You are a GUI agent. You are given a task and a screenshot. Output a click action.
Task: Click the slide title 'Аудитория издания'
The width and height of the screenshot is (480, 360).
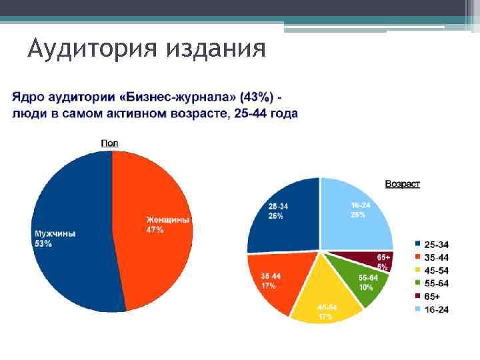[x=147, y=48]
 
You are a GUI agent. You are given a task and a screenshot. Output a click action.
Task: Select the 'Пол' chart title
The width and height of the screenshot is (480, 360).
[x=109, y=143]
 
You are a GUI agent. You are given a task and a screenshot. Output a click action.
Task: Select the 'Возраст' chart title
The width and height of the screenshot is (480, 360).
[x=402, y=184]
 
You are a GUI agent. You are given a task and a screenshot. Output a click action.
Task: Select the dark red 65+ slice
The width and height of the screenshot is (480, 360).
[x=377, y=261]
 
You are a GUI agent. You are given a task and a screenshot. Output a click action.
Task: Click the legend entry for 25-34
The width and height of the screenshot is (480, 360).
[x=433, y=243]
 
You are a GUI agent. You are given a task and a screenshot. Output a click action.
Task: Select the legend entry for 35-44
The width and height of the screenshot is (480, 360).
[x=433, y=256]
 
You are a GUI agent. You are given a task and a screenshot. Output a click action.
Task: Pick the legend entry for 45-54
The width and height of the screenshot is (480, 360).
[x=433, y=269]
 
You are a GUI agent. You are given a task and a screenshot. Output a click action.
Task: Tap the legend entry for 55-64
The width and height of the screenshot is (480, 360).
[x=433, y=283]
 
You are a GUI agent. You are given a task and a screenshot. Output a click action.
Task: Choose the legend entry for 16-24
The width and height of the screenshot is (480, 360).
[x=433, y=309]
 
